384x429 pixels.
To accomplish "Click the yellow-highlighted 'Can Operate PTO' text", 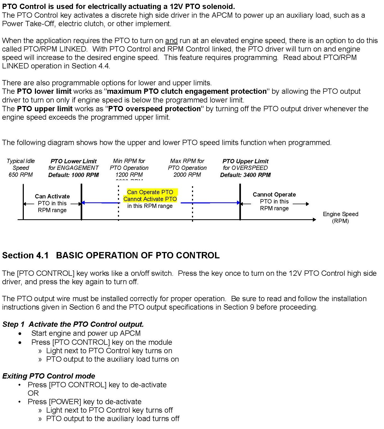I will pos(150,192).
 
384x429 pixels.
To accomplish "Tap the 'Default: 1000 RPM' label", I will pos(74,175).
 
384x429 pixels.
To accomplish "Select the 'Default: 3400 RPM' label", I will pos(245,175).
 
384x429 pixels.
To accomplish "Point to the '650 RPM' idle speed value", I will pos(21,175).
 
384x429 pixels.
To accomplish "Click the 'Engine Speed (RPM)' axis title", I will pos(340,217).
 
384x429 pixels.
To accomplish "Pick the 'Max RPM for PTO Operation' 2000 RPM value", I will pos(187,175).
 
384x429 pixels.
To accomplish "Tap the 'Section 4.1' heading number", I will pos(25,255).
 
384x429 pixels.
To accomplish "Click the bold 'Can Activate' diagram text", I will pos(52,196).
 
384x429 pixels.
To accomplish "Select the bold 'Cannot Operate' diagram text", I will pos(274,194).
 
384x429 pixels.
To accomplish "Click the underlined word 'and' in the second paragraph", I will pos(171,41).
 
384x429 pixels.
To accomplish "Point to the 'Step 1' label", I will pos(13,324).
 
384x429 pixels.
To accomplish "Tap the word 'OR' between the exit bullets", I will pos(33,393).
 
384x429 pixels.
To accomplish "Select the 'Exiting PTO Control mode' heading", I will pos(49,376).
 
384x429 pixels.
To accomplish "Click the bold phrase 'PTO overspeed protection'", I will pos(154,109).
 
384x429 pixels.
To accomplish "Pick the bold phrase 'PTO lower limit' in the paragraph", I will pos(44,91).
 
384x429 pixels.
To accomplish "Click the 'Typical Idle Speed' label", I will pos(21,164).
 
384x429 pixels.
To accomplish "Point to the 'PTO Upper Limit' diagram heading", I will pos(245,161).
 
